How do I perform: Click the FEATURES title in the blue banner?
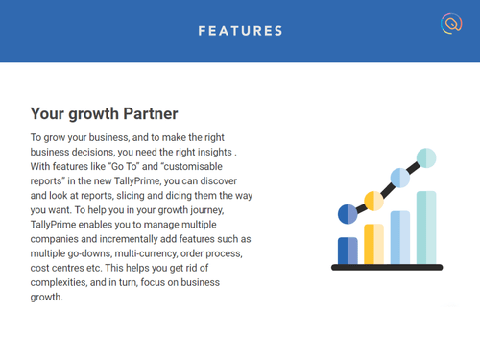240,31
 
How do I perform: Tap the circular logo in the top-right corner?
449,24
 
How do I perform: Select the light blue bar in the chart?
400,237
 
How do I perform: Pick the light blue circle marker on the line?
400,178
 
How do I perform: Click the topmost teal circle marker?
426,156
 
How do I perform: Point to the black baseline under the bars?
386,267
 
